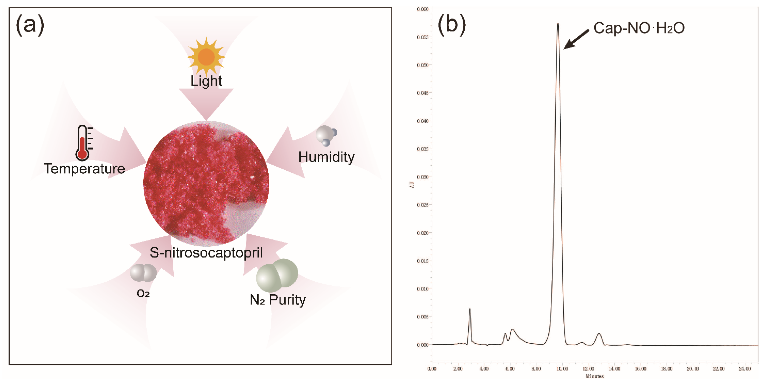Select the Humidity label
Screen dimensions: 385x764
(x=326, y=157)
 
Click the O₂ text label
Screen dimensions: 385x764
(x=143, y=293)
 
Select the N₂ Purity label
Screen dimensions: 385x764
(x=278, y=300)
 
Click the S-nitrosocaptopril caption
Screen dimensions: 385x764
(x=206, y=253)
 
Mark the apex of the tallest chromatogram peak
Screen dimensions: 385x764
(x=558, y=23)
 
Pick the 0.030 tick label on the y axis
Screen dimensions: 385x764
(x=422, y=177)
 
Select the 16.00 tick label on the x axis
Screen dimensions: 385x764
(x=640, y=369)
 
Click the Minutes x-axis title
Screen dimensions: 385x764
(x=594, y=376)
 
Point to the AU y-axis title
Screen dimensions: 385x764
(x=412, y=185)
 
